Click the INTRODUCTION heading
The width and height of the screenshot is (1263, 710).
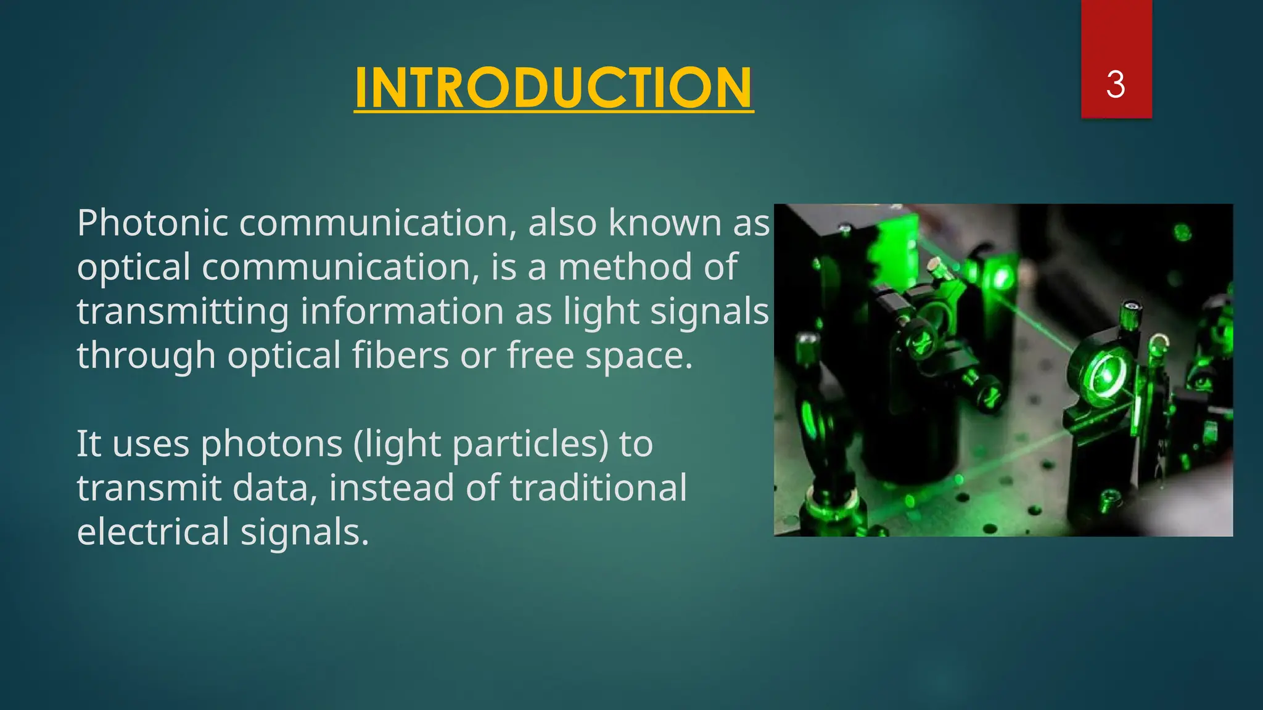pos(553,88)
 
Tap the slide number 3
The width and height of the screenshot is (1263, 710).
pos(1115,84)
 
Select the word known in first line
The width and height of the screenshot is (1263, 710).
pos(664,222)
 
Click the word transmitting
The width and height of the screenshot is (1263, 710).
pos(183,311)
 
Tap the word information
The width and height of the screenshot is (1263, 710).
pos(401,311)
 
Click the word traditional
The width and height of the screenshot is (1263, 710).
pos(598,488)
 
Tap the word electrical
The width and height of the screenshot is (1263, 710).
pos(153,532)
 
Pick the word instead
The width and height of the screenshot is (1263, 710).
pos(392,488)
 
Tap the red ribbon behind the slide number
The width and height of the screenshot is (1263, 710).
pos(1116,37)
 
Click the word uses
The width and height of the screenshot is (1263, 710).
pos(150,444)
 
